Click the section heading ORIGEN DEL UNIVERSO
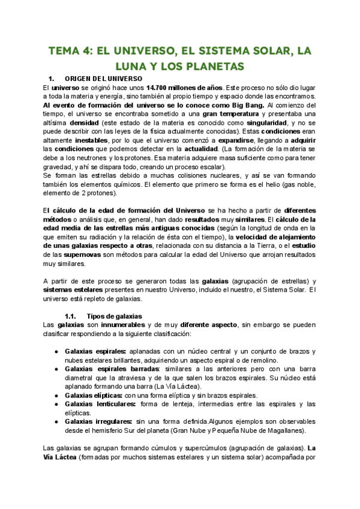pyautogui.click(x=103, y=79)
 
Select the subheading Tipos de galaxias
pyautogui.click(x=114, y=316)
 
